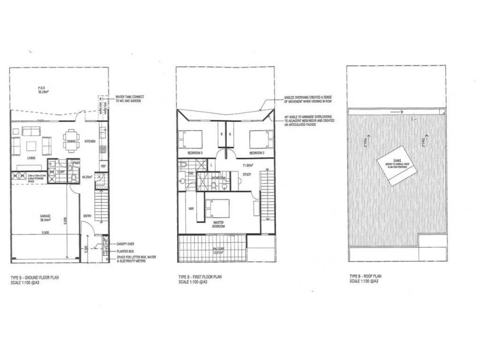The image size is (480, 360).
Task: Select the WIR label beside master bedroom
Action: tap(191, 209)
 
